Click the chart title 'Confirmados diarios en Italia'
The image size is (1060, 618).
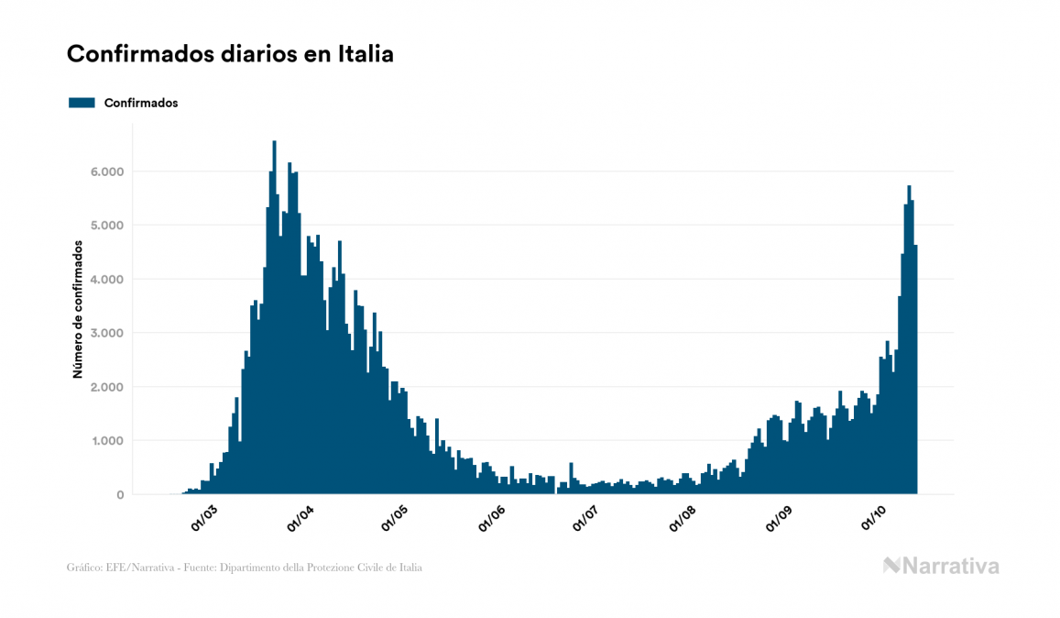(x=230, y=54)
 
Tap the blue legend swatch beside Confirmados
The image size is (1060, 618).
(x=82, y=103)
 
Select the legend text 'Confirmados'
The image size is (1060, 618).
(x=141, y=103)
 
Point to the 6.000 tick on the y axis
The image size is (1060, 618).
(x=106, y=171)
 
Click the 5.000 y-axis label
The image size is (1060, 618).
(x=106, y=226)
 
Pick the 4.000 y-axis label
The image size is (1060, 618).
(x=106, y=280)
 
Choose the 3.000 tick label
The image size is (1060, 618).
(x=106, y=333)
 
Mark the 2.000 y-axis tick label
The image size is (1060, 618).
(x=106, y=387)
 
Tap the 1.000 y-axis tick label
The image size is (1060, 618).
(x=106, y=441)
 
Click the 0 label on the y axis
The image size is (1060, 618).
(x=119, y=495)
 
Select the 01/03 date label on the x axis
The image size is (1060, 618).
(x=203, y=518)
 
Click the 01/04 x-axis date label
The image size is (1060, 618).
(x=301, y=518)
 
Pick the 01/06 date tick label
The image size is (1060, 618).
(x=492, y=518)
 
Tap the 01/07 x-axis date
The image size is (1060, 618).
(x=586, y=518)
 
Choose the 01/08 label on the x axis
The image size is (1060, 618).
(x=683, y=518)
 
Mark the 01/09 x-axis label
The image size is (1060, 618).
(x=780, y=518)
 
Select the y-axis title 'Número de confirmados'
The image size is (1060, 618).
(x=79, y=310)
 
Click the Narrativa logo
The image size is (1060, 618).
(x=941, y=566)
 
